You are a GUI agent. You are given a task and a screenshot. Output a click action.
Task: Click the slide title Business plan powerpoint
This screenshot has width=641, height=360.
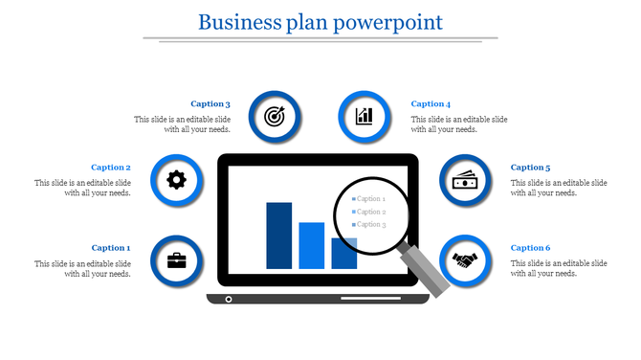coord(320,21)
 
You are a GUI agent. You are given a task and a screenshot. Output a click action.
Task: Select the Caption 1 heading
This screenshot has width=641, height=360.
coord(110,248)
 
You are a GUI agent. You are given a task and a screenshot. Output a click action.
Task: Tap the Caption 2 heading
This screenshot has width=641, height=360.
coord(110,168)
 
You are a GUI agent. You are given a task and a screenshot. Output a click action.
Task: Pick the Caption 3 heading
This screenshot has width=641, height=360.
coord(210,104)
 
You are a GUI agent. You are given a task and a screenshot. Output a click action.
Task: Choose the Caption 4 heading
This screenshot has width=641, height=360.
coord(431,104)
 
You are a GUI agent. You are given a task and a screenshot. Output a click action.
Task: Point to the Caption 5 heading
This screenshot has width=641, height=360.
coord(530,168)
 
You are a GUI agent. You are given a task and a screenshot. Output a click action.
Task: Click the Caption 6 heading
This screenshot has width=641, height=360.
coord(530,248)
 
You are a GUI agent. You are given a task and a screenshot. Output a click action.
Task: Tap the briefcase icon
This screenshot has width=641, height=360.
coord(177,260)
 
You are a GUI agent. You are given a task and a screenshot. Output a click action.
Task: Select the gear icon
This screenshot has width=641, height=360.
coord(177,180)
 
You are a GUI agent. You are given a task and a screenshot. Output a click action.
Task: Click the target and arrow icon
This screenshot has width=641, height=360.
coord(275,117)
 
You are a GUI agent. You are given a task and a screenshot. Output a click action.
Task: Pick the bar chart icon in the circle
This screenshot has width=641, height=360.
coord(365,117)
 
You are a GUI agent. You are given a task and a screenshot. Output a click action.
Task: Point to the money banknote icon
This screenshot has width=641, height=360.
coord(466,180)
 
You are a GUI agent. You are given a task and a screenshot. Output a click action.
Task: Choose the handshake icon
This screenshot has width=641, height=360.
coord(466,260)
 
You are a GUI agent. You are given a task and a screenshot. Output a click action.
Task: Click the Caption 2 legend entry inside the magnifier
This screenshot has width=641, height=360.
coord(370,212)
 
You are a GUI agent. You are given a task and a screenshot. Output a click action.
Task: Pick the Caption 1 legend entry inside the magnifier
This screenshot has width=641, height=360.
coord(370,199)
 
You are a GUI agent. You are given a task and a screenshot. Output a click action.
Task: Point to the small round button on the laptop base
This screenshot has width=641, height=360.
coord(228,300)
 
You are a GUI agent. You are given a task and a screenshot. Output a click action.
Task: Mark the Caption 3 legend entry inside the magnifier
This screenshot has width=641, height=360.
coord(370,225)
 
